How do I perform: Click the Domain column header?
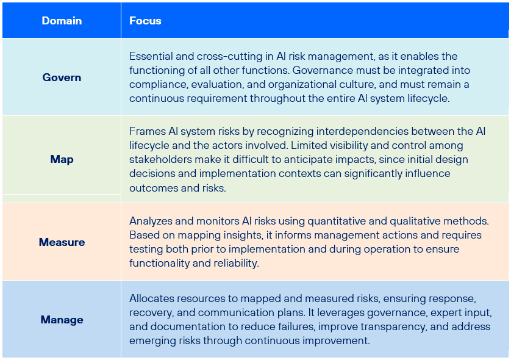point(62,21)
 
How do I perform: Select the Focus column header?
point(145,21)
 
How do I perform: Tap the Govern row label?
point(62,77)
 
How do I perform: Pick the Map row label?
point(62,159)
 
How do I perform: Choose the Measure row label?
point(62,242)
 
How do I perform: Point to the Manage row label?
point(62,320)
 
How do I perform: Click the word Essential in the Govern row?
point(150,56)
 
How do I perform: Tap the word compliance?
point(159,84)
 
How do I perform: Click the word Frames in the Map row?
point(148,131)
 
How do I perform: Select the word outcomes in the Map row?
point(154,188)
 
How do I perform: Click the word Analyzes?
point(151,221)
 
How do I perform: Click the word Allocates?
point(152,298)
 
